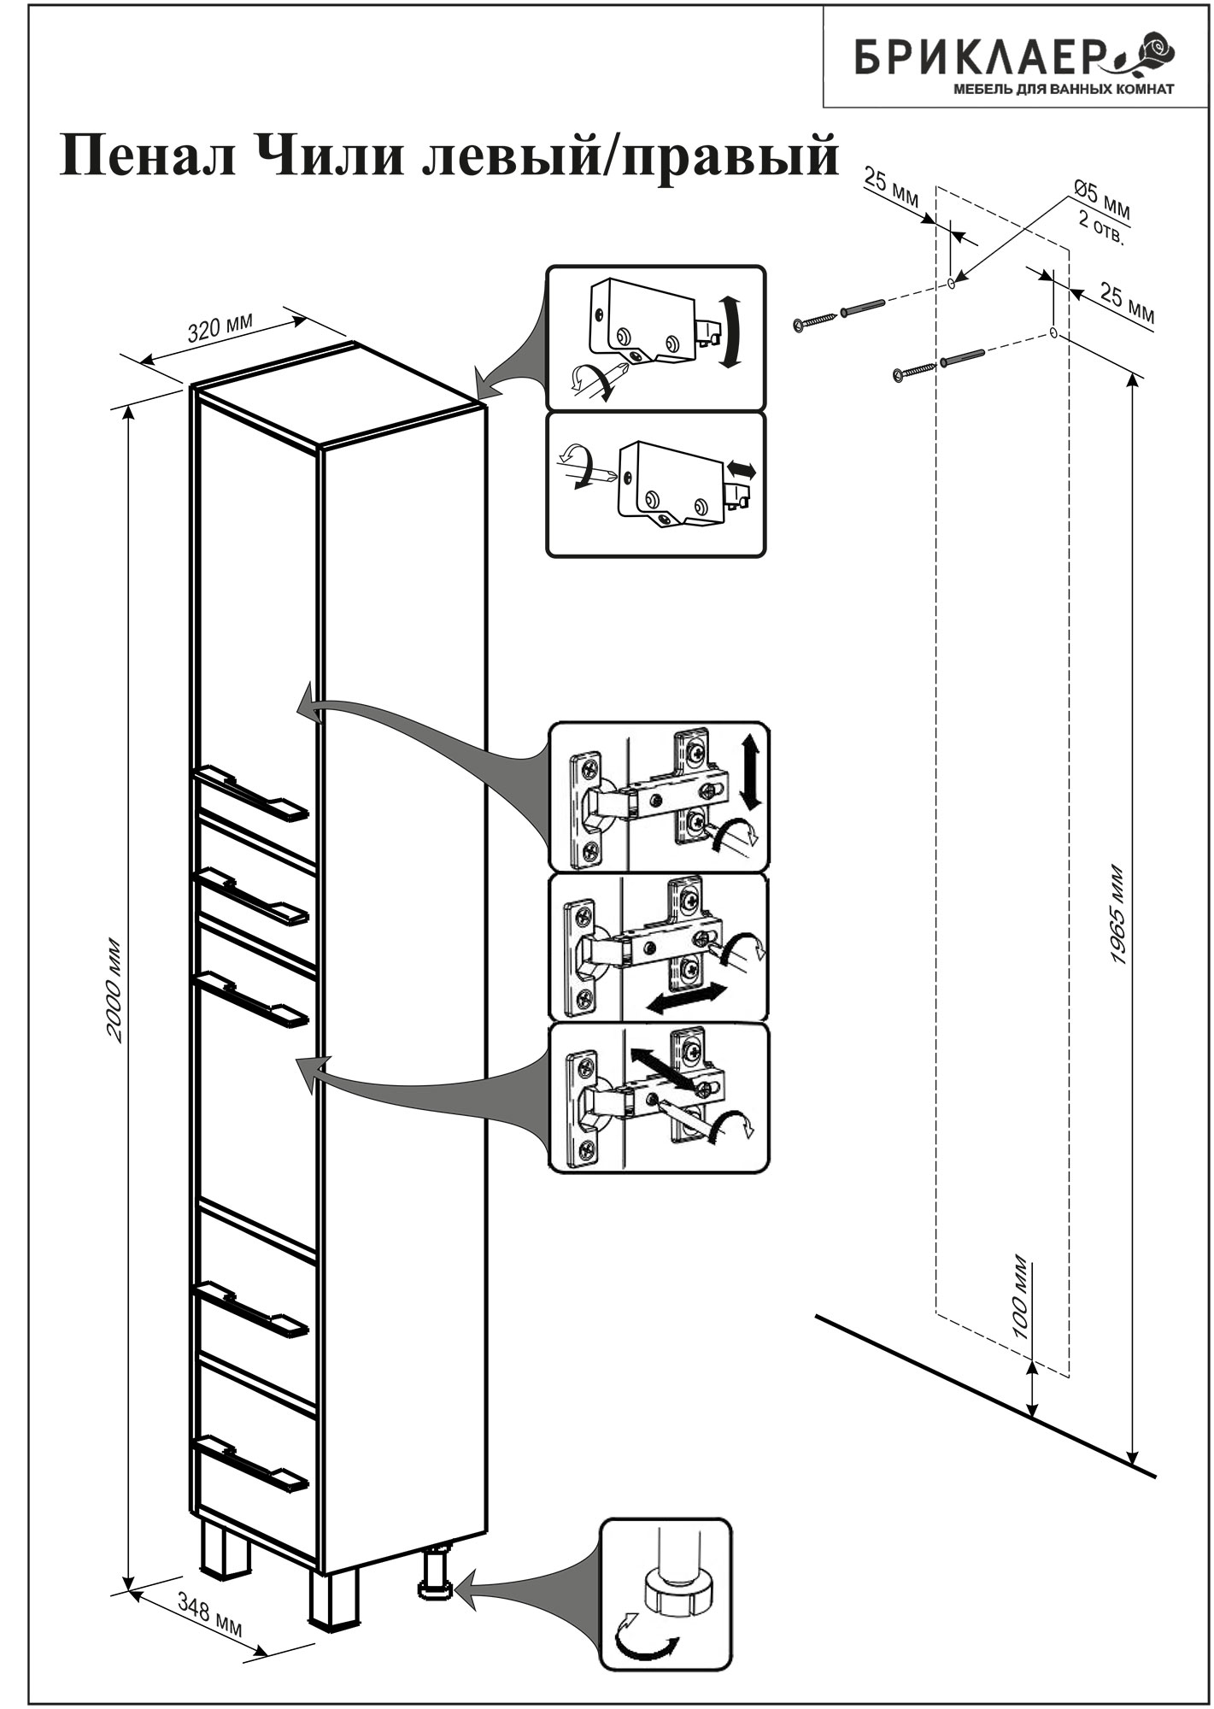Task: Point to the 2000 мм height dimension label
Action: coord(116,991)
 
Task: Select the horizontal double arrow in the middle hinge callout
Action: coord(687,997)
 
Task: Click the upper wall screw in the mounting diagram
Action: coord(815,321)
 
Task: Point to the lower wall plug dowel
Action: coord(963,358)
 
